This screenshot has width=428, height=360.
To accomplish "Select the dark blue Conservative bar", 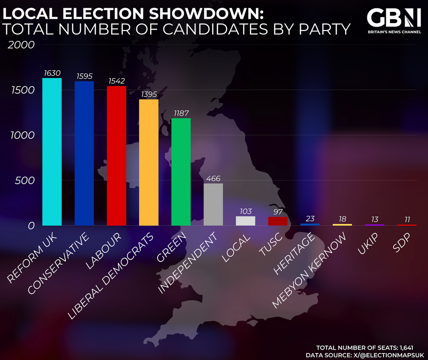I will click(84, 154).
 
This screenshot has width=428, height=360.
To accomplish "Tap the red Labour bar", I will click(117, 156).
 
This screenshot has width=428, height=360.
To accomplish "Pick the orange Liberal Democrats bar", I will click(149, 162).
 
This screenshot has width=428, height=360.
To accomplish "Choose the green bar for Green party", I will click(181, 172).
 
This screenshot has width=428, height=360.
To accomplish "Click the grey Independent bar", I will click(213, 205).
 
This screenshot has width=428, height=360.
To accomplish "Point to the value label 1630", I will click(52, 72).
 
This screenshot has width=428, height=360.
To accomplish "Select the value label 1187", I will click(181, 113).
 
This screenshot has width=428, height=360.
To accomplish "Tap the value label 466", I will click(213, 178).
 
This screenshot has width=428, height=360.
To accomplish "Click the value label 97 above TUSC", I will click(278, 211).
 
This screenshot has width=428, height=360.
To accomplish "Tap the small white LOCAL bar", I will click(245, 221).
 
